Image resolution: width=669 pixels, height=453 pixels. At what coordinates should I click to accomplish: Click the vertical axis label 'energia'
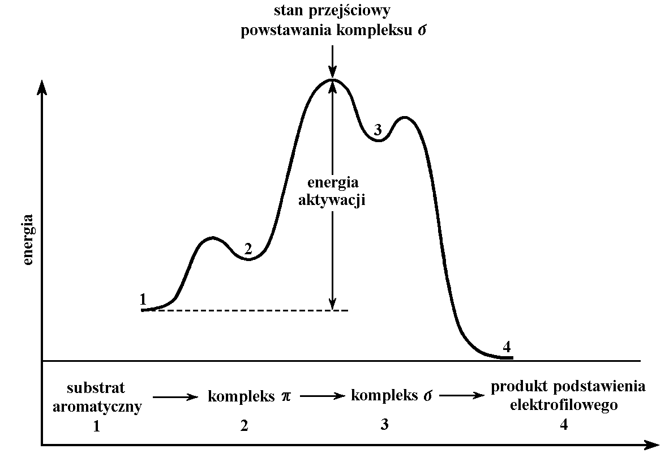click(29, 240)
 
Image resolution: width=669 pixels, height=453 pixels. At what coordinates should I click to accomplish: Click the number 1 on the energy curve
click(143, 298)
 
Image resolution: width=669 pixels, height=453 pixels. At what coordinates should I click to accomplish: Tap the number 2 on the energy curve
click(247, 248)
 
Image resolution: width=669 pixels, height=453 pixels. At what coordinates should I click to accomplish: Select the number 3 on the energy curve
click(378, 130)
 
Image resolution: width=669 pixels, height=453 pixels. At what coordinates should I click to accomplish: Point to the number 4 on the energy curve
click(507, 346)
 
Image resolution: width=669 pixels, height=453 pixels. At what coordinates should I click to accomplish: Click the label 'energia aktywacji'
click(333, 191)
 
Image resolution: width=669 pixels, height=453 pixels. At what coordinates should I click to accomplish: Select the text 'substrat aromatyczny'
click(96, 396)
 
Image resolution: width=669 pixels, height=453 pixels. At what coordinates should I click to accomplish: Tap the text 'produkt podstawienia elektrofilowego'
click(568, 396)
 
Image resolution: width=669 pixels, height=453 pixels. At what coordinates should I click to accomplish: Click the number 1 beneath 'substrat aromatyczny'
click(96, 426)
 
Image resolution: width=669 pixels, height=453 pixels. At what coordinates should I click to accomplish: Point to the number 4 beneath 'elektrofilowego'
click(564, 425)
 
